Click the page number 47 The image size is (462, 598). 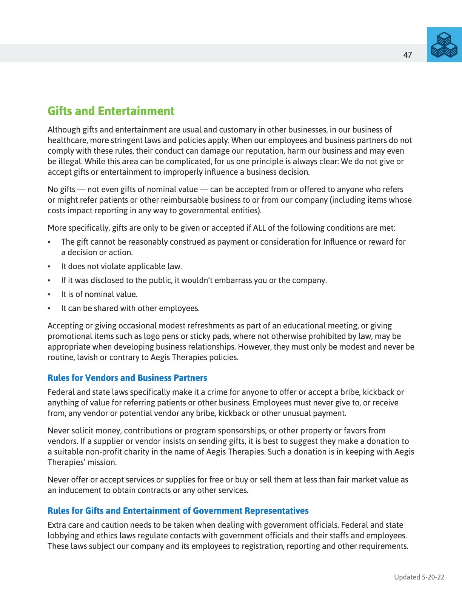point(407,55)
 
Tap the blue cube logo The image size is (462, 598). point(444,45)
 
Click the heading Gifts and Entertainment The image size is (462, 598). point(111,111)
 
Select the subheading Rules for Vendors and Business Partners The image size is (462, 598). point(127,378)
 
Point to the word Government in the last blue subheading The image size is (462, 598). point(217,511)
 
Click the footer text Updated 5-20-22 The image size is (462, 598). point(419,577)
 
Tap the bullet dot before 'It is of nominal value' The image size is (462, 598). point(49,294)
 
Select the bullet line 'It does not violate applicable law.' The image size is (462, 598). point(122,267)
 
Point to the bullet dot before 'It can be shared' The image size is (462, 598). point(49,308)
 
